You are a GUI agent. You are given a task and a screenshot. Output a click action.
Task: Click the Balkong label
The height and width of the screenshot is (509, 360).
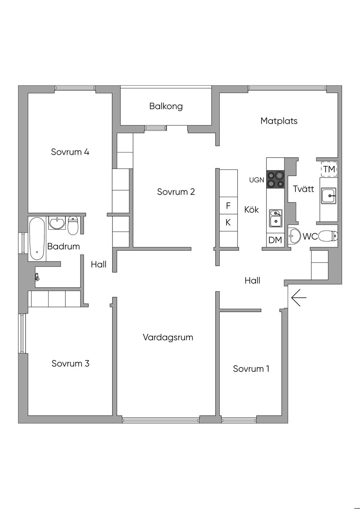pyautogui.click(x=166, y=106)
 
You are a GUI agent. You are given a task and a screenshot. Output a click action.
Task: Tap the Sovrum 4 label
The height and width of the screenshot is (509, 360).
pyautogui.click(x=70, y=152)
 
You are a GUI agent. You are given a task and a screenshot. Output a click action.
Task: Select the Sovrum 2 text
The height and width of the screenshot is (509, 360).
pyautogui.click(x=176, y=192)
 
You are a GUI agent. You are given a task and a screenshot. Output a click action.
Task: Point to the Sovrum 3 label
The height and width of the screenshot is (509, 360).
pyautogui.click(x=70, y=363)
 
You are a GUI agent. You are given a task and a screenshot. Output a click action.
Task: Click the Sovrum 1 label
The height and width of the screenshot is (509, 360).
pyautogui.click(x=251, y=369)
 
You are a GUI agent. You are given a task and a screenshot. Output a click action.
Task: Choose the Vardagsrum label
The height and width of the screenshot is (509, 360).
pyautogui.click(x=168, y=337)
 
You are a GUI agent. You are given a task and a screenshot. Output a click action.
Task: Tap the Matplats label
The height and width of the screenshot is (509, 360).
pyautogui.click(x=279, y=121)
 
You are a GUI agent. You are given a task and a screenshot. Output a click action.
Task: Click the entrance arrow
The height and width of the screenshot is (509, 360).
pyautogui.click(x=299, y=298)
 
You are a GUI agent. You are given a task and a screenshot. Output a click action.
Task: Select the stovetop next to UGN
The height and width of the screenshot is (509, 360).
pyautogui.click(x=275, y=179)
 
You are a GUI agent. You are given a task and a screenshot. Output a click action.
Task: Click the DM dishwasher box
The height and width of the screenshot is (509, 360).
pyautogui.click(x=275, y=240)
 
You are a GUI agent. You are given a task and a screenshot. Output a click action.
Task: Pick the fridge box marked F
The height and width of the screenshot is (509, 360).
pyautogui.click(x=228, y=206)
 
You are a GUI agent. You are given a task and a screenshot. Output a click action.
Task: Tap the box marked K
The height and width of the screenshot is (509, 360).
pyautogui.click(x=228, y=223)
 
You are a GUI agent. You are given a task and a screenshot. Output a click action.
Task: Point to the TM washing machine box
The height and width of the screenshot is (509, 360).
pyautogui.click(x=329, y=169)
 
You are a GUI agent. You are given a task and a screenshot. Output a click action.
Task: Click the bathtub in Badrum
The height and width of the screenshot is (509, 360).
pyautogui.click(x=37, y=239)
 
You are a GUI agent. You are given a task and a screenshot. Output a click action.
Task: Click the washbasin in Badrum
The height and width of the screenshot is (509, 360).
pyautogui.click(x=57, y=223)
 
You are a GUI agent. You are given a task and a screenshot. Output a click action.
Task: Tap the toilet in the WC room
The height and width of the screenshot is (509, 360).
pyautogui.click(x=329, y=236)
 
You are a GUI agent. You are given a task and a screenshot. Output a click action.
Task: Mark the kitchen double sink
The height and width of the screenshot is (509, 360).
pyautogui.click(x=276, y=218)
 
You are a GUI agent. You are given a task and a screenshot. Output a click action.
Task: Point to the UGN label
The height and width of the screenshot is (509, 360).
pyautogui.click(x=257, y=180)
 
